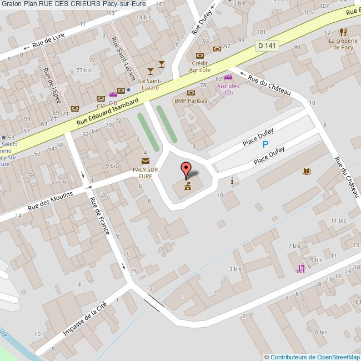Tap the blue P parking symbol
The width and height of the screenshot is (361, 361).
click(265, 145)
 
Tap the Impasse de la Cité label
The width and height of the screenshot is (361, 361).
click(85, 319)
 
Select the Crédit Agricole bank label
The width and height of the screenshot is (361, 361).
click(199, 67)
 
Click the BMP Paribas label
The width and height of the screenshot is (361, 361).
click(190, 101)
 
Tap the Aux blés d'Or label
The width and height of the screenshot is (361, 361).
click(228, 89)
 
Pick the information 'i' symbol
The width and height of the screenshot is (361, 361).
click(232, 179)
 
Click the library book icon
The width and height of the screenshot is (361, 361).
click(305, 172)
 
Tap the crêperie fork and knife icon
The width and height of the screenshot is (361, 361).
click(344, 32)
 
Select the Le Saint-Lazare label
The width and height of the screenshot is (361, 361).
click(149, 84)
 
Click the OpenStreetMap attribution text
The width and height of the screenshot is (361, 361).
click(312, 357)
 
